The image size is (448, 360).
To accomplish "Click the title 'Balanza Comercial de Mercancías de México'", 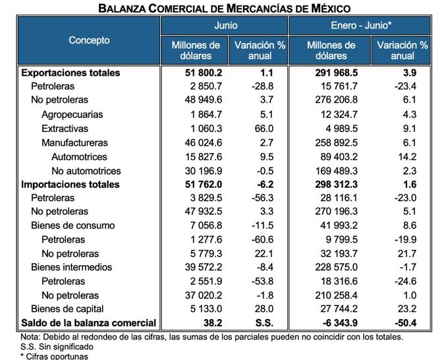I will coord(224,8).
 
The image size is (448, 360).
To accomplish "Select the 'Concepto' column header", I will coord(89,40).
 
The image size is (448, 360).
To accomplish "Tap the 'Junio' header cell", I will coord(226,26).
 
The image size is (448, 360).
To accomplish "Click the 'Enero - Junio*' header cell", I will coord(360,26).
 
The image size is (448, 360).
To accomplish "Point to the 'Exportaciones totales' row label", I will coord(70,73).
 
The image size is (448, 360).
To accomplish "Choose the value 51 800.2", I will coord(197,73).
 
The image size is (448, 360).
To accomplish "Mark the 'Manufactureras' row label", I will coord(74,142).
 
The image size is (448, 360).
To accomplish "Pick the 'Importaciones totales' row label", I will coord(70,184).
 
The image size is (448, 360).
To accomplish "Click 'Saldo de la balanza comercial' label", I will coord(89,323).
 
